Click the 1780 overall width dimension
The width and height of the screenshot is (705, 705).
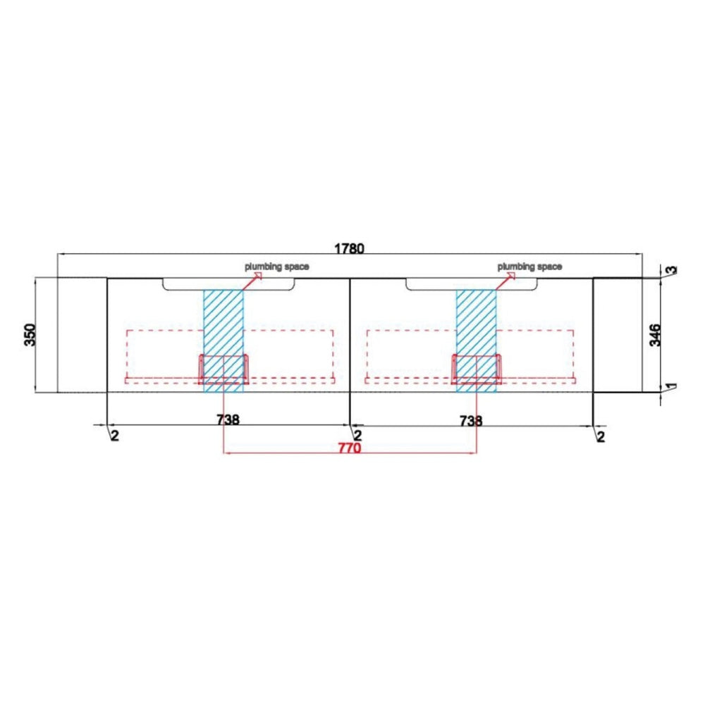tap(350, 248)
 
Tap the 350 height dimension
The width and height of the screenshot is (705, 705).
tap(30, 334)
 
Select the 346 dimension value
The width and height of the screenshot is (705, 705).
tap(655, 334)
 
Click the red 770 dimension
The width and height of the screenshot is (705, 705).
tap(350, 448)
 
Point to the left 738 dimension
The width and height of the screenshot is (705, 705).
tap(228, 419)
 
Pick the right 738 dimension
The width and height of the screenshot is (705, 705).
tap(471, 420)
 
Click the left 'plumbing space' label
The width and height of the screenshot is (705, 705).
tap(276, 266)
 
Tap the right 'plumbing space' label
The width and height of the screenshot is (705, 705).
tap(529, 266)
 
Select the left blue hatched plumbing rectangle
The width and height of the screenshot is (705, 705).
tap(223, 341)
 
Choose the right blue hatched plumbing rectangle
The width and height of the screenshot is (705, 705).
tap(476, 341)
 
